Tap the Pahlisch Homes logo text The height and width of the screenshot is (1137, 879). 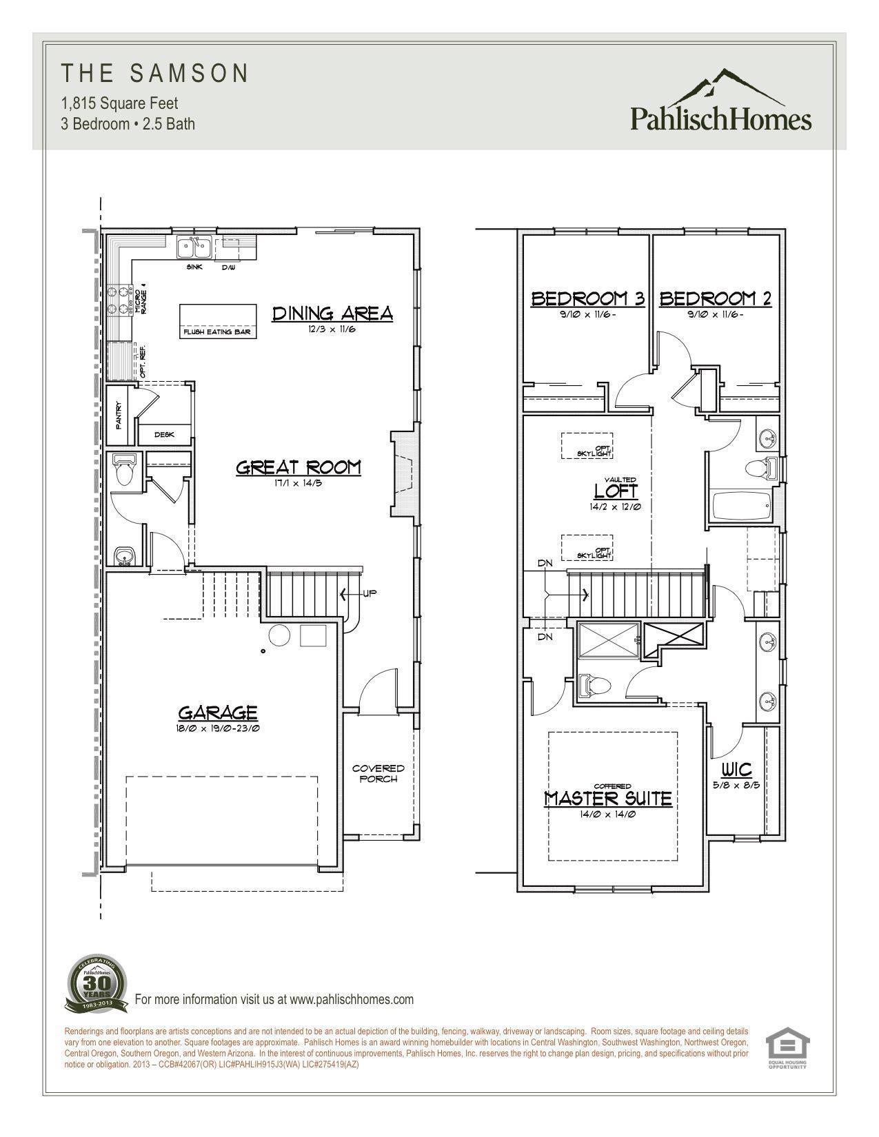tap(720, 119)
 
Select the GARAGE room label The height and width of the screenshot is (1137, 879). tap(218, 713)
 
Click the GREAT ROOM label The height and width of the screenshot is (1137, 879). tap(298, 467)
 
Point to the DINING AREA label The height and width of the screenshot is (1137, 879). tap(332, 314)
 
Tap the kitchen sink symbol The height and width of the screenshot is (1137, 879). tap(194, 246)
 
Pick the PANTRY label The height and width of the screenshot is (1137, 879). tap(119, 416)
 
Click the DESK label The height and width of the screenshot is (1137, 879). tap(164, 435)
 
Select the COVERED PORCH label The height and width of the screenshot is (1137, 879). tap(378, 773)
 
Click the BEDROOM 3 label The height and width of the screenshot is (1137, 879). tap(587, 298)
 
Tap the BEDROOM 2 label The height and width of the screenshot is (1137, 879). tap(715, 298)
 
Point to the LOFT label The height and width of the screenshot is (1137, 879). tap(616, 491)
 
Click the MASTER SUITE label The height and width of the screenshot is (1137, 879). tap(607, 798)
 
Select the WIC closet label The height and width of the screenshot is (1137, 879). tap(736, 769)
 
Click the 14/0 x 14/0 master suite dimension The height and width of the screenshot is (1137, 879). tap(607, 814)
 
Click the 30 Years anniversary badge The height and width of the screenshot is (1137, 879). tap(97, 983)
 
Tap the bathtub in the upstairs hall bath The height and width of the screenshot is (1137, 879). tap(740, 506)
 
